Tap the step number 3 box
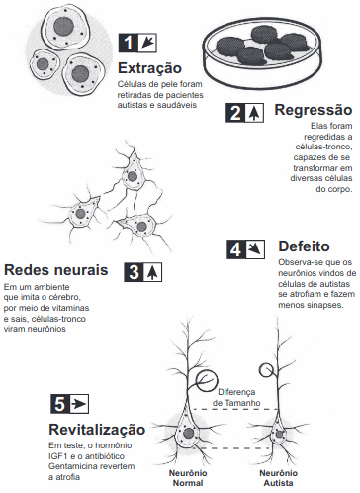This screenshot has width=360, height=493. pyautogui.click(x=143, y=272)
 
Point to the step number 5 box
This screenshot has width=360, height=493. pyautogui.click(x=69, y=405)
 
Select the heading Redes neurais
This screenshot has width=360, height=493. pyautogui.click(x=55, y=270)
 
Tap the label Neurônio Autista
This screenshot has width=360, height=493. pyautogui.click(x=278, y=479)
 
